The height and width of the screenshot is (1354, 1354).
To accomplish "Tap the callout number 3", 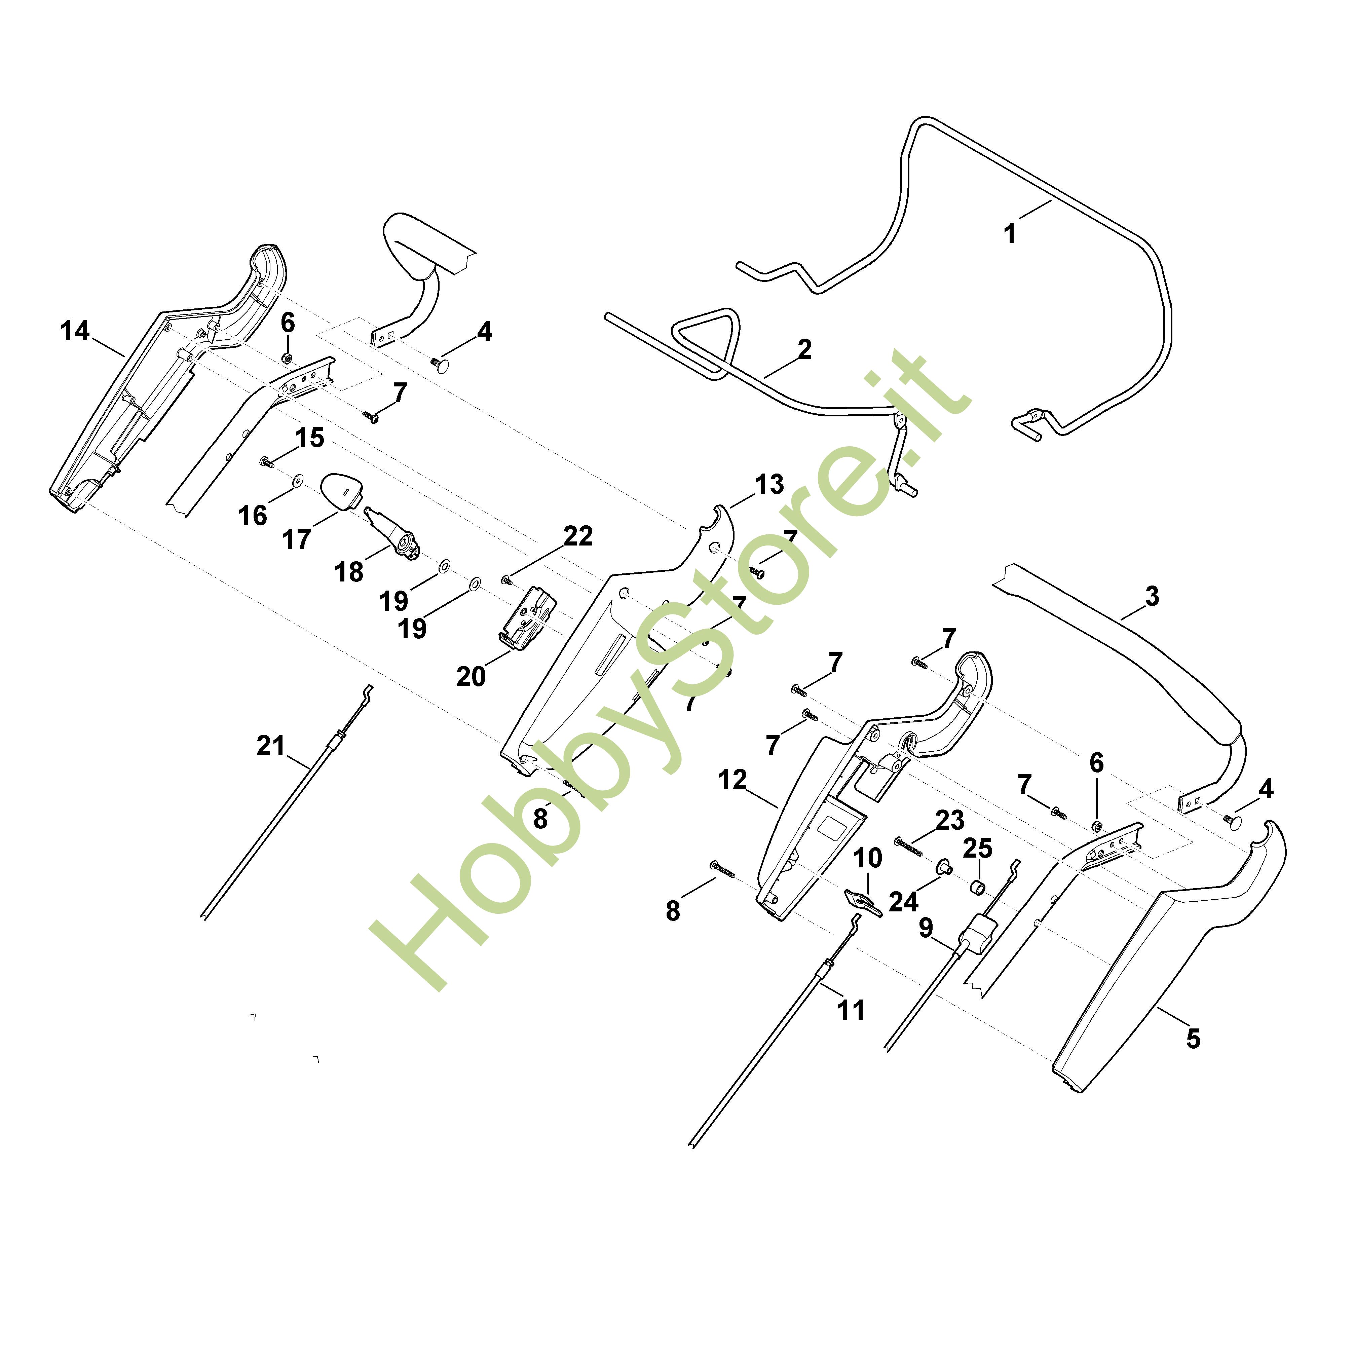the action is click(1152, 596).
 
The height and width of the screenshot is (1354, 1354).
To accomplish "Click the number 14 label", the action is click(75, 331).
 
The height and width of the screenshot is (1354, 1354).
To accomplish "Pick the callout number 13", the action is click(769, 484).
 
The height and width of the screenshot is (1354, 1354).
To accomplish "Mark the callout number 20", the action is click(471, 676).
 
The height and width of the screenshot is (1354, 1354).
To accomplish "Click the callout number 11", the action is click(852, 1010).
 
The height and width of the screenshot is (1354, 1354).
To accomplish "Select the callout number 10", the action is click(868, 858).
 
